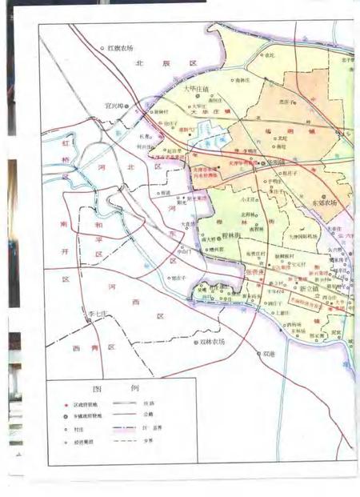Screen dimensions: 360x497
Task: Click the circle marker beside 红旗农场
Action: [102, 49]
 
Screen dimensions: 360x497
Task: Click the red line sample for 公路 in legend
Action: [122, 419]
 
